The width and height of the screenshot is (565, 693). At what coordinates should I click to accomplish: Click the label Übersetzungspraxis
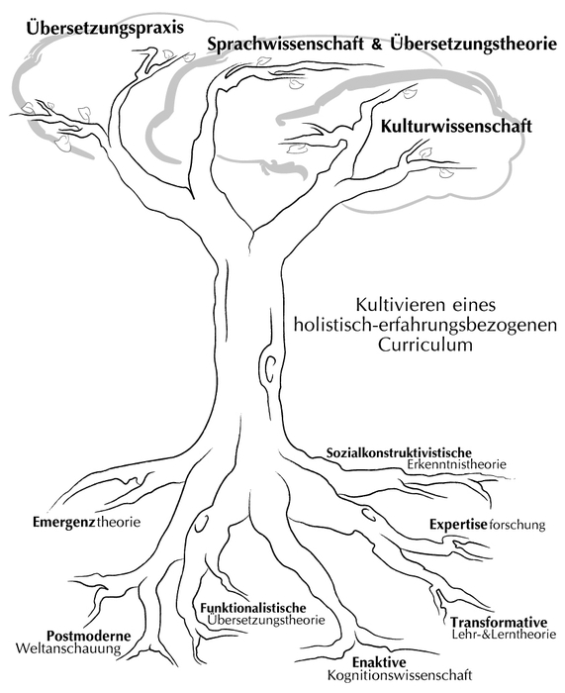point(105,29)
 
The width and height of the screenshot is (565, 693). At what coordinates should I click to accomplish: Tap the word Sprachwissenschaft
point(286,45)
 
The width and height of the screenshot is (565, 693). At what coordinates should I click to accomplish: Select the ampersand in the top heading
point(377,44)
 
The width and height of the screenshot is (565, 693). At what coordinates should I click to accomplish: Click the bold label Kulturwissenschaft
point(456,127)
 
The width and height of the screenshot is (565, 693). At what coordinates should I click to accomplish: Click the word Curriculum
point(424,345)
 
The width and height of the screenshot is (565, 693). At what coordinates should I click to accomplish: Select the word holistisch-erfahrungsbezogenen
point(424,326)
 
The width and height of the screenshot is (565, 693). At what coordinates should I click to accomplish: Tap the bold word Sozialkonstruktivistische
point(399,452)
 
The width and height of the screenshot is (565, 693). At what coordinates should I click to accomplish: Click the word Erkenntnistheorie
point(457,464)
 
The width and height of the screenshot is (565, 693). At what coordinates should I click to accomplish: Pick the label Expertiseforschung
point(488,525)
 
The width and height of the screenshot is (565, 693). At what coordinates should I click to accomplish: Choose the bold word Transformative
point(499,623)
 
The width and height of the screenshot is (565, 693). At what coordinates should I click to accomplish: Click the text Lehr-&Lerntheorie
point(504,635)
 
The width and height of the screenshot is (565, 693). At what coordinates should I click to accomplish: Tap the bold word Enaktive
point(379,662)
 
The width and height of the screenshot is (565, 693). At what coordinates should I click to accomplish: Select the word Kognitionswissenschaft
point(400,675)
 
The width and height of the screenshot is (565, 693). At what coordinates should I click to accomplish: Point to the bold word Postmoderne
point(89,636)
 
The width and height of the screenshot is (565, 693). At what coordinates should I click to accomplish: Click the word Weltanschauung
point(68,648)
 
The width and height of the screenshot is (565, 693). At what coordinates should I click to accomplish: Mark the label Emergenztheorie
point(87,522)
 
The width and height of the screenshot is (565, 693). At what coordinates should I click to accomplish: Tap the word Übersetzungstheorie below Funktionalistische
point(265,620)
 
